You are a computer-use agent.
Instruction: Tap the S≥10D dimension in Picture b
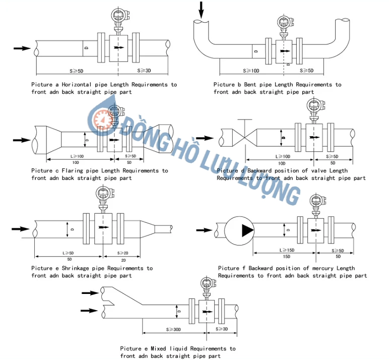point(251,71)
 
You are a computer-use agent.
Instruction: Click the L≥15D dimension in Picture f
point(287,250)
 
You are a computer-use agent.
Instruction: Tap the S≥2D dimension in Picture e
point(123,252)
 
